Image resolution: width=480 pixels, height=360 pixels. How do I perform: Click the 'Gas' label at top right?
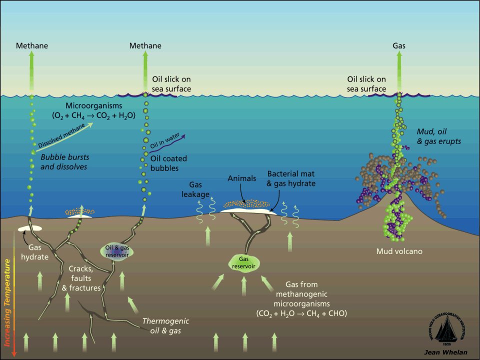pyautogui.click(x=398, y=45)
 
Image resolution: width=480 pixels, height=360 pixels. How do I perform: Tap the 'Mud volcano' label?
pyautogui.click(x=399, y=251)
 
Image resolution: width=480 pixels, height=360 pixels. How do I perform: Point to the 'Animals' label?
pyautogui.click(x=241, y=178)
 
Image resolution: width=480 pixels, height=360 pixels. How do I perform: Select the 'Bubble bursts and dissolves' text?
pyautogui.click(x=63, y=161)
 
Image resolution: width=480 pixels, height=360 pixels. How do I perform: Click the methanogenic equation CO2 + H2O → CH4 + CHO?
pyautogui.click(x=300, y=313)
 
